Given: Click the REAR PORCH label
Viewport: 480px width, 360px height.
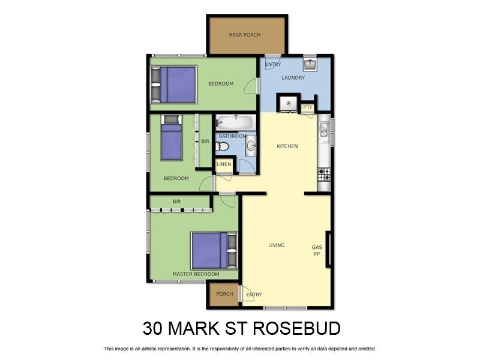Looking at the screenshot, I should tap(245, 35).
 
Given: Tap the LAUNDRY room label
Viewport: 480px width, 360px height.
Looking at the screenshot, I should tap(293, 77).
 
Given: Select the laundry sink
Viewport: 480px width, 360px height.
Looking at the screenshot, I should tap(310, 64).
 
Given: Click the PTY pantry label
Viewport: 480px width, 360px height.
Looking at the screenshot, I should tap(308, 107).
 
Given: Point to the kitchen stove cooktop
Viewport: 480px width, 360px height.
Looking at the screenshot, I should tap(324, 175).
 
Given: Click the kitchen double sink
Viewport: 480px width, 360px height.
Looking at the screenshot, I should tap(324, 130).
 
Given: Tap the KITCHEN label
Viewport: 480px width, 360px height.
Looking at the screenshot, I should tap(287, 146).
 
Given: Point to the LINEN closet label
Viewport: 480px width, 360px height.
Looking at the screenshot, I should tap(224, 164).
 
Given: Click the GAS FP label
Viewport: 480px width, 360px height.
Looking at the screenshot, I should tap(317, 251).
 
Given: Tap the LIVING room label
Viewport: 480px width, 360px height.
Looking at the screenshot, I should tap(276, 245).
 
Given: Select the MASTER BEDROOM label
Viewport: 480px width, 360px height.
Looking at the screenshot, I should tap(196, 274).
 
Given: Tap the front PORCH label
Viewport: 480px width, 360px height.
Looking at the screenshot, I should tap(224, 294).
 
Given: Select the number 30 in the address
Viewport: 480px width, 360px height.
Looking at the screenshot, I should tap(153, 329).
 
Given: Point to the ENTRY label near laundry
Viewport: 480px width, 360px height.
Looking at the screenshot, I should tap(273, 65).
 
